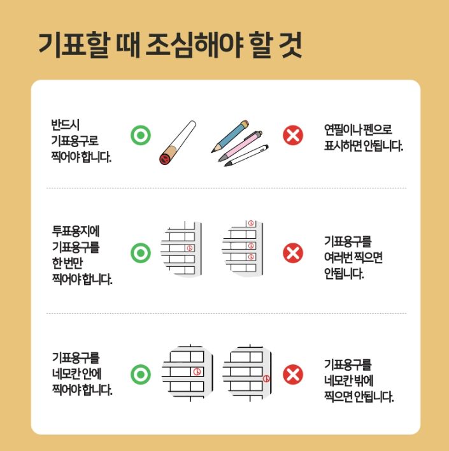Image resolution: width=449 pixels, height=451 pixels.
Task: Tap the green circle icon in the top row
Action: click(140, 135)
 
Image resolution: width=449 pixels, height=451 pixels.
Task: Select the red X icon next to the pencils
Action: click(293, 135)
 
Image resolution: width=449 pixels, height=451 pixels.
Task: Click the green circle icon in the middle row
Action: click(140, 253)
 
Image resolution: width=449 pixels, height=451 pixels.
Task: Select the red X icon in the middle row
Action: click(293, 253)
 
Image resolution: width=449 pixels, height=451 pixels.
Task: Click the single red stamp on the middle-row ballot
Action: click(188, 247)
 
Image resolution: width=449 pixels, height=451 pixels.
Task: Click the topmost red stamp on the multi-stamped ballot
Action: click(250, 224)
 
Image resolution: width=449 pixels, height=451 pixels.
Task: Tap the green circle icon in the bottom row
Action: click(140, 374)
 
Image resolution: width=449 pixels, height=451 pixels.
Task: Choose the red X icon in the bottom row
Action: click(293, 374)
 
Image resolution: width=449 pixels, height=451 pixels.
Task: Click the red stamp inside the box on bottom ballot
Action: click(197, 371)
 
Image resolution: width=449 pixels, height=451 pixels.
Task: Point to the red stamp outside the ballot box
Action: click(266, 378)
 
